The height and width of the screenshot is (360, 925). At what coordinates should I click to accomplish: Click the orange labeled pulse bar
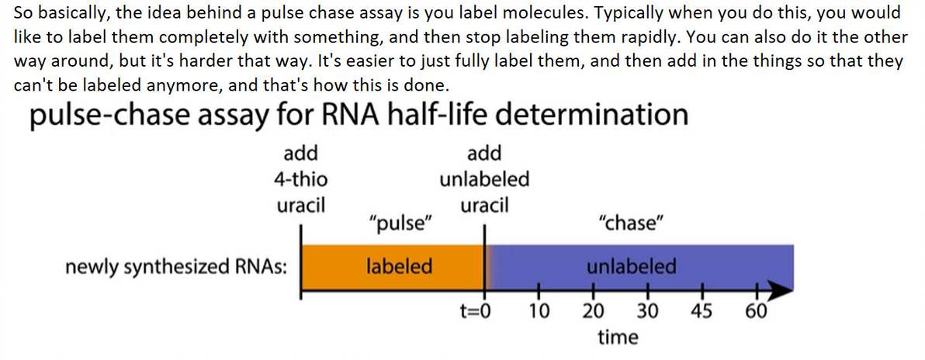tap(393, 266)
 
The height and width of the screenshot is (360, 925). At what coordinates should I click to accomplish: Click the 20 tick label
tap(594, 312)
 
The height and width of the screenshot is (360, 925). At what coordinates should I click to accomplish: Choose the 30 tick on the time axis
tap(646, 312)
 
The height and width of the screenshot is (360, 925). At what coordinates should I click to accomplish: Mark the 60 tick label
tap(756, 312)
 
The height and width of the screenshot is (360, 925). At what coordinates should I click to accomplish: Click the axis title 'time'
tap(618, 337)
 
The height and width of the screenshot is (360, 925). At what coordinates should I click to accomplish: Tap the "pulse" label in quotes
tap(399, 223)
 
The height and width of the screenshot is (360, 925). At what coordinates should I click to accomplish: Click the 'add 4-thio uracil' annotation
tap(301, 179)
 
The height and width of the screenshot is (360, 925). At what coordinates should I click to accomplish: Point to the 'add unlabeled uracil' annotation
tap(485, 179)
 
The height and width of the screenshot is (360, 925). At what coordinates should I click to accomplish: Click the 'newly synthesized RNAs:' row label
tap(175, 267)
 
